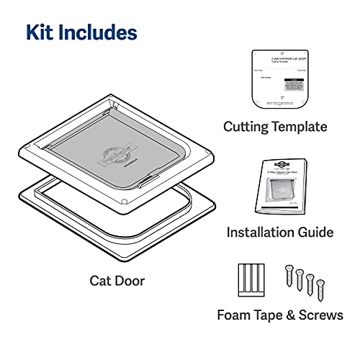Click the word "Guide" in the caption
coord(316,232)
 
